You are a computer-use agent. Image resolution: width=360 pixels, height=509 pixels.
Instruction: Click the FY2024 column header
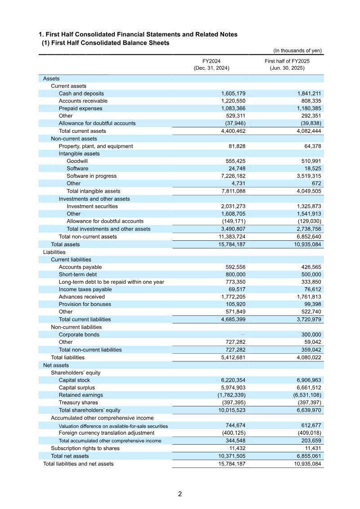click(211, 64)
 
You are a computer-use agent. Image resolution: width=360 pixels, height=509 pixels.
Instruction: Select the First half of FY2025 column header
click(287, 64)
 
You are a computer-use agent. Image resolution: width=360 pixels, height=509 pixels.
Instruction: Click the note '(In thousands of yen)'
click(297, 50)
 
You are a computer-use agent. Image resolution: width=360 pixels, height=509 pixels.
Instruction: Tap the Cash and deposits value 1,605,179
click(233, 94)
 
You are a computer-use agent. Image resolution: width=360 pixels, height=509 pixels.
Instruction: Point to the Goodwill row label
click(77, 161)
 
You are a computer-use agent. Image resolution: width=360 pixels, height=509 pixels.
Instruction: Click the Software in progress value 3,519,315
click(305, 176)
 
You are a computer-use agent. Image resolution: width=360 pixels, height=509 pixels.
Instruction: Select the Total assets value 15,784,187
click(231, 244)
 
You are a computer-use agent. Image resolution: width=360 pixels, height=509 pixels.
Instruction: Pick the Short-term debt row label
click(77, 275)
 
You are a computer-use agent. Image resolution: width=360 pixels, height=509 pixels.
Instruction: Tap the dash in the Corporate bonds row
click(243, 334)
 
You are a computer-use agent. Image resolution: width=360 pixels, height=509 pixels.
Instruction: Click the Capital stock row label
click(74, 380)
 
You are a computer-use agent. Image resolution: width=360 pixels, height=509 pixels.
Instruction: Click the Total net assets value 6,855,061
click(305, 456)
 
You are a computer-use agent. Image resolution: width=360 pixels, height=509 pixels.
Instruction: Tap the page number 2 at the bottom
click(180, 494)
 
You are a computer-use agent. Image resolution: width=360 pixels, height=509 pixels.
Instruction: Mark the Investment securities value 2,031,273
click(233, 206)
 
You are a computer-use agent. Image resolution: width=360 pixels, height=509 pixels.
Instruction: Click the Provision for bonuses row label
click(85, 304)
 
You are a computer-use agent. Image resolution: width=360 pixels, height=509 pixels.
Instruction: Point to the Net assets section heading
click(56, 365)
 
